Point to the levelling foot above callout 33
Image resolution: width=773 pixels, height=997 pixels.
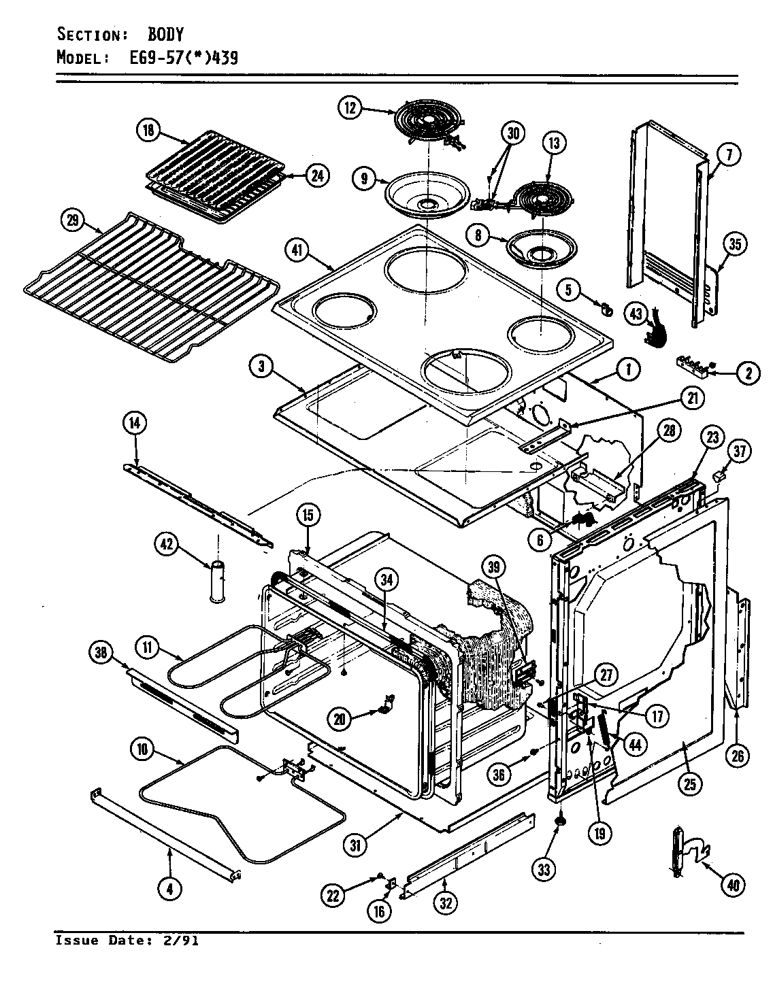click(x=561, y=822)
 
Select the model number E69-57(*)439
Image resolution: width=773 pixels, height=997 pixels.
click(x=183, y=58)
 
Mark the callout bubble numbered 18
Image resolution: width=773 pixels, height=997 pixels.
click(x=148, y=131)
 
